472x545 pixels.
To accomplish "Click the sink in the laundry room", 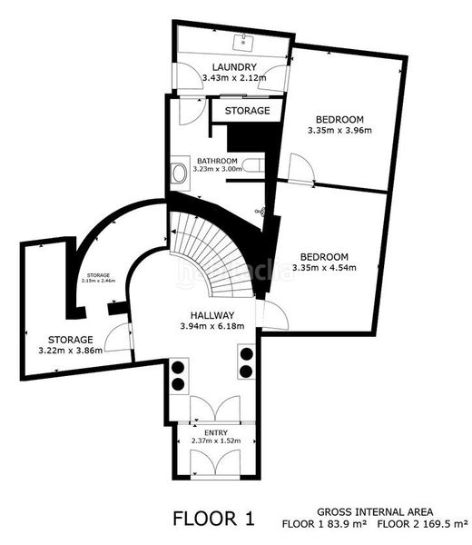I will click(243, 41).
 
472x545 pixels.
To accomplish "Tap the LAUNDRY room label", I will click(234, 67).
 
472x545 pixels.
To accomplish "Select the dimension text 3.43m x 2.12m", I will click(234, 78).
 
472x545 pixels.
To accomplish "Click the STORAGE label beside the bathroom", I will click(248, 111).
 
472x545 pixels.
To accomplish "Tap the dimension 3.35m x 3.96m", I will click(340, 131).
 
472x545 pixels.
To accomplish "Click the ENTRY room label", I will click(216, 433).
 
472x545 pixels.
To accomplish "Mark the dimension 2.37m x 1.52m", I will click(216, 441).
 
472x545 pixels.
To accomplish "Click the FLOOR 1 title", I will click(214, 519).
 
